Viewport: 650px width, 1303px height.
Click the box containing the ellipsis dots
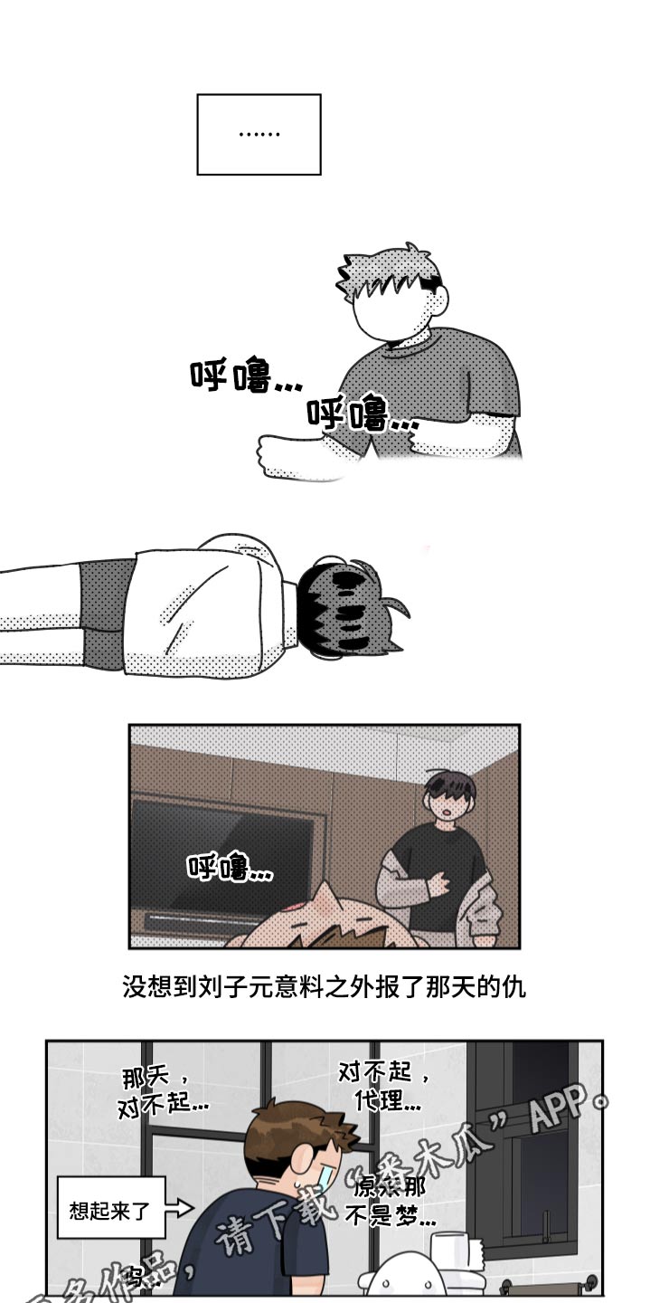coord(259,134)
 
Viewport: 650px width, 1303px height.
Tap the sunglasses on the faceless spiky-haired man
coord(433,283)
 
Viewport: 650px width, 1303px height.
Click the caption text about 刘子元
coord(324,986)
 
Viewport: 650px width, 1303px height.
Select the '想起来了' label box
coord(110,1208)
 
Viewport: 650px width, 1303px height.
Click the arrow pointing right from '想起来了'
coord(181,1208)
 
